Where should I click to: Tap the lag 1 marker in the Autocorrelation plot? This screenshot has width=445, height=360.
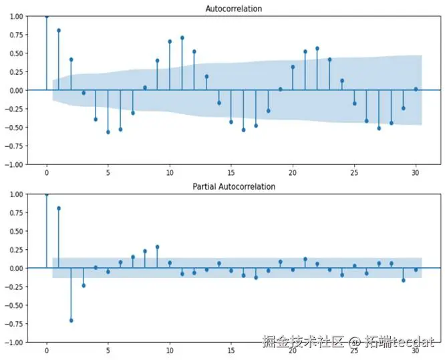[59, 30]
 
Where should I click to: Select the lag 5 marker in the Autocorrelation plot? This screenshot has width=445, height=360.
[108, 132]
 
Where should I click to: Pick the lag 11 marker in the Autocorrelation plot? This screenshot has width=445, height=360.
[182, 37]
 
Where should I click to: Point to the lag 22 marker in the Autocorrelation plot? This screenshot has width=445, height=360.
[317, 48]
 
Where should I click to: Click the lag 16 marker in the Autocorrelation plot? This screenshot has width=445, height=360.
[243, 130]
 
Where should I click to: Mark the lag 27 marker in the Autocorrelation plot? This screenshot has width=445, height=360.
[379, 128]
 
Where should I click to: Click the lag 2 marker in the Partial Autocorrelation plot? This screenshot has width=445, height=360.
[71, 321]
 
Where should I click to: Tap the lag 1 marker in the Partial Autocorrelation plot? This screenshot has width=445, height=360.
[59, 208]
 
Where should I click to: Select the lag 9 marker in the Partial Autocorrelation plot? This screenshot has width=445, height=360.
[157, 246]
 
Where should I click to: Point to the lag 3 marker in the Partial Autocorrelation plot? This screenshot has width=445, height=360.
[84, 285]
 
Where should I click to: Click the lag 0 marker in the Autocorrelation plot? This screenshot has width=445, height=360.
[46, 16]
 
